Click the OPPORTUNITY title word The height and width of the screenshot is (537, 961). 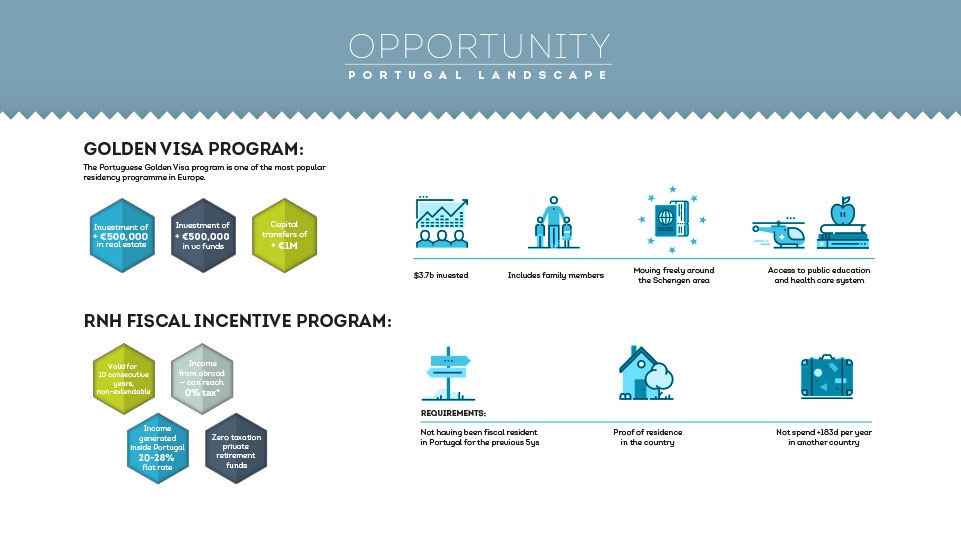point(479,46)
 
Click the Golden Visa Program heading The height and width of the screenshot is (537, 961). point(193,149)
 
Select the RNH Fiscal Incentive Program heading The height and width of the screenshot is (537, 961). point(237,321)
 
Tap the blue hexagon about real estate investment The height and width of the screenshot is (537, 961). point(122,235)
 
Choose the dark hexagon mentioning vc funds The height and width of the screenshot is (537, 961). point(203,235)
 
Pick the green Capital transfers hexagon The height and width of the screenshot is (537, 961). point(284,235)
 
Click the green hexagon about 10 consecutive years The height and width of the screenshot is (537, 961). point(124,378)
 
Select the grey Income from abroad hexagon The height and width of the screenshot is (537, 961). point(202,378)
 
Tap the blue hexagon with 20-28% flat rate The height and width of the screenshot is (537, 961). point(158,448)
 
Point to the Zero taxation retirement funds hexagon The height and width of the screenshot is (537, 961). point(236,448)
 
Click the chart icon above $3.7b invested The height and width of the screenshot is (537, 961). point(442,222)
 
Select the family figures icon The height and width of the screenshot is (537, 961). point(553,222)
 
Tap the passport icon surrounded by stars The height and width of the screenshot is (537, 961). point(672,219)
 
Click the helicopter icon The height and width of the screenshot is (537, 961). point(779,232)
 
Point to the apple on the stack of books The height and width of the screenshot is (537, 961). point(843,211)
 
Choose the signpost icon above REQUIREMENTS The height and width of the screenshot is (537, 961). point(448,373)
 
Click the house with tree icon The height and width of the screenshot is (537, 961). point(646,373)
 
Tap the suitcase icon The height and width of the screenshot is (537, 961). point(827,376)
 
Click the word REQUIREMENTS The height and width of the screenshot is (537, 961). point(453,413)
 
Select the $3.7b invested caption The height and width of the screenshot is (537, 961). point(441,275)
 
